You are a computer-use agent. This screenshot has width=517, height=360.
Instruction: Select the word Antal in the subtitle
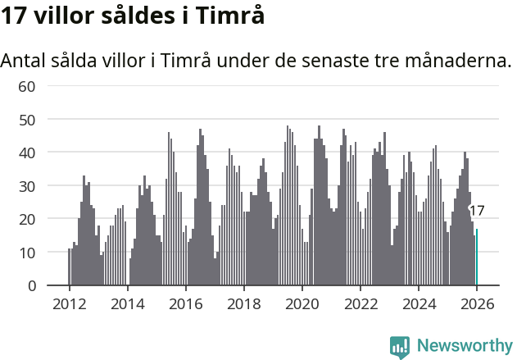pos(25,61)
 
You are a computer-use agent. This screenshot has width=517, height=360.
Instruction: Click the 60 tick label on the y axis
pos(27,86)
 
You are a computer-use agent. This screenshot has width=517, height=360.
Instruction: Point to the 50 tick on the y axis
pos(27,120)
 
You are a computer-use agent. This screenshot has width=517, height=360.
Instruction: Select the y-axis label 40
pos(27,153)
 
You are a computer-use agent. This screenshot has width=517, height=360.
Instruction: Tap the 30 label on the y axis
pos(27,186)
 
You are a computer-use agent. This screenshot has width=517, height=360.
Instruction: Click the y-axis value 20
pos(27,219)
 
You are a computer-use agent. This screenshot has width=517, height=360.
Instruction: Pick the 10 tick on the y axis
pos(27,253)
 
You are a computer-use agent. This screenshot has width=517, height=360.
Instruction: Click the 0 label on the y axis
pos(31,285)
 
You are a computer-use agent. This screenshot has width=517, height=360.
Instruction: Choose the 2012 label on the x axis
pos(69,303)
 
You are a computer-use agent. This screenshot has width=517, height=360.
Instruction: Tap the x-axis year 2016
pos(185,303)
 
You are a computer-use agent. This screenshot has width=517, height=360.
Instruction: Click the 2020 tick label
pos(302,303)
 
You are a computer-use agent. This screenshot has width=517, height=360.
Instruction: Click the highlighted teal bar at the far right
pos(477,257)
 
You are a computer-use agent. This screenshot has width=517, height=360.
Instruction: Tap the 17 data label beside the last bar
pos(477,211)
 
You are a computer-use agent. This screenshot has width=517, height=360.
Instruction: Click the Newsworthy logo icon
pos(400,347)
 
